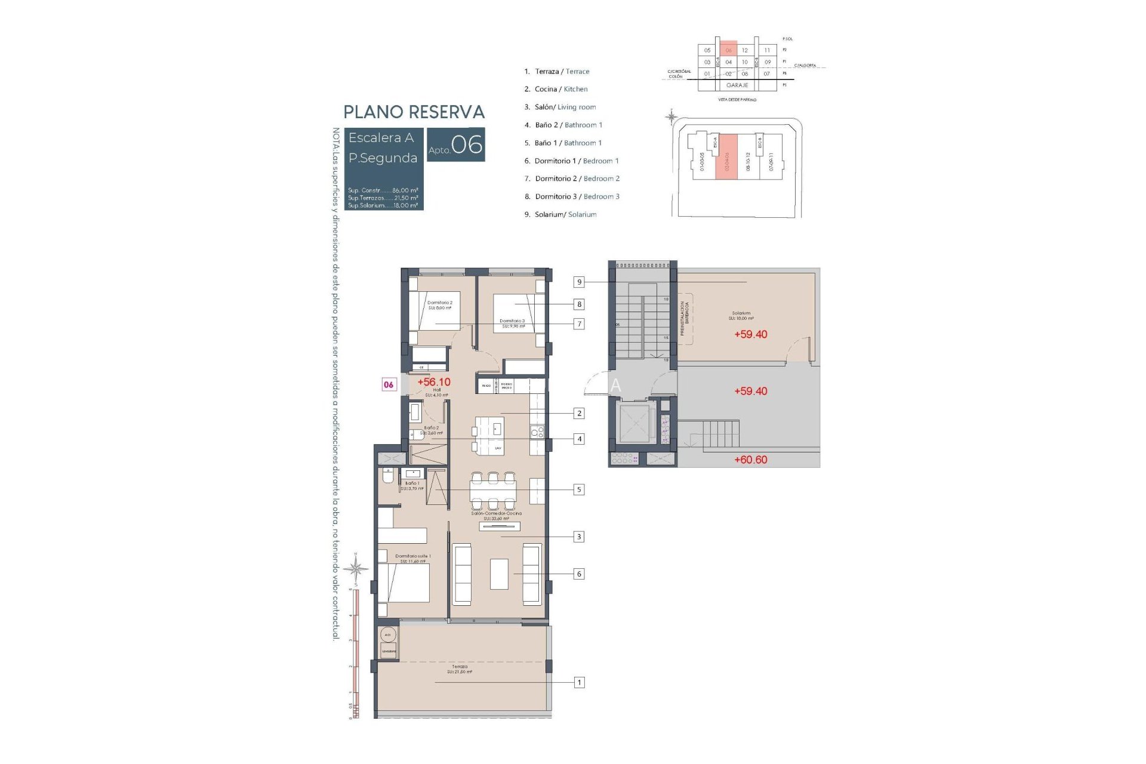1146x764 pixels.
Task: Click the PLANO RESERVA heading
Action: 414,112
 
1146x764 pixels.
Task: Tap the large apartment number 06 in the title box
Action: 467,145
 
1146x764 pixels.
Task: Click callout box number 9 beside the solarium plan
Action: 579,282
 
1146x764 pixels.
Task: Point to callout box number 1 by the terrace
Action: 579,682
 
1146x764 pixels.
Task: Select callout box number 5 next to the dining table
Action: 578,489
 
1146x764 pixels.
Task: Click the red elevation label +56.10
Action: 434,382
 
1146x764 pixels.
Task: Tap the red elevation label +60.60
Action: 750,460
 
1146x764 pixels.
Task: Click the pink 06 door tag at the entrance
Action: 389,384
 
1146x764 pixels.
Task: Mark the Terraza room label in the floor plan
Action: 460,667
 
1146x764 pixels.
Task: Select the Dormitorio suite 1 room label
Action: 412,556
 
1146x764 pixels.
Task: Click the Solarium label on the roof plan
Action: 741,313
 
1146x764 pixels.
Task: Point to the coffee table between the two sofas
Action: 499,574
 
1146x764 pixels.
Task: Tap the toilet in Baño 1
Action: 387,478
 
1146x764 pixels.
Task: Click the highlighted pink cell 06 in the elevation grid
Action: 728,50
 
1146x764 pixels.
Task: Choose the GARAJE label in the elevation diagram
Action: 737,85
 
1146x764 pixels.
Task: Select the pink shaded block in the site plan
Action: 726,156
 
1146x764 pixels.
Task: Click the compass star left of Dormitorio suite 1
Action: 356,568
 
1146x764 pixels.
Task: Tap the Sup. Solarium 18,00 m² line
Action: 383,205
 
